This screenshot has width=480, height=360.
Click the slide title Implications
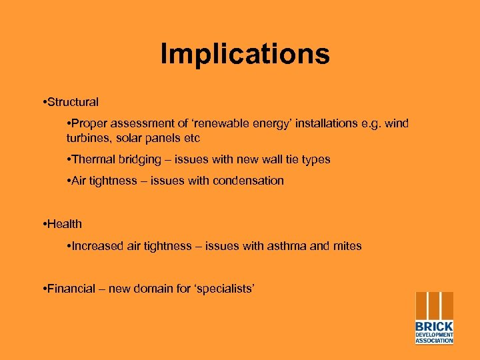click(x=245, y=54)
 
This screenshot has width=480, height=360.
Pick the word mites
click(x=347, y=246)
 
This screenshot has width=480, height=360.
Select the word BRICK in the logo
click(x=434, y=326)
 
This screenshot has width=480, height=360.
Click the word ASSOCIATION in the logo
click(x=434, y=341)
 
